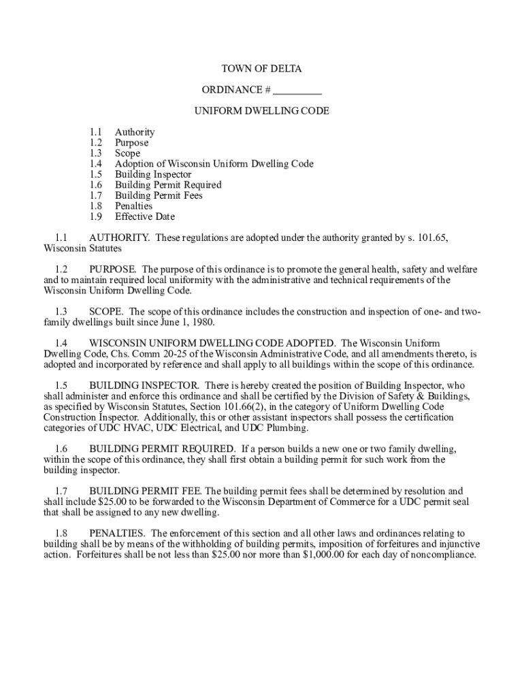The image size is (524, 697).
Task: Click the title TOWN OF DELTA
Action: (261, 69)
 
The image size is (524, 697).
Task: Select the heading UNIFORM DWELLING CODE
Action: (261, 111)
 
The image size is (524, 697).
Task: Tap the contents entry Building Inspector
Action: (153, 174)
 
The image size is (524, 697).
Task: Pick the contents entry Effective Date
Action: (145, 216)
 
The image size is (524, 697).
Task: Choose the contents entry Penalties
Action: (133, 206)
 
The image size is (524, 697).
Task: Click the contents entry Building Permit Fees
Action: (159, 195)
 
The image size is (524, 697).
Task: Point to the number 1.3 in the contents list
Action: (95, 153)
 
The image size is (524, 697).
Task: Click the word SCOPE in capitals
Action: (106, 312)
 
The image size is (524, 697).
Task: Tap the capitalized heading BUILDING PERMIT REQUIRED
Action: (163, 449)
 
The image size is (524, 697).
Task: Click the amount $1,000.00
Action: (316, 554)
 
